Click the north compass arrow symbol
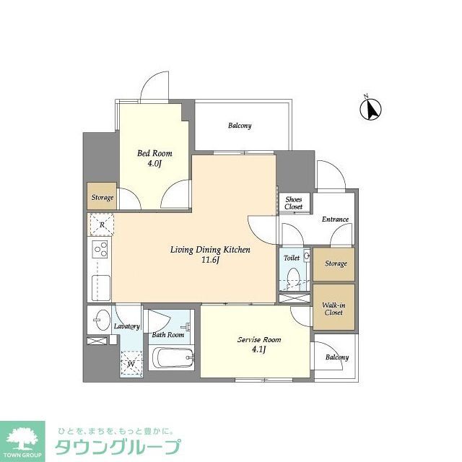pyautogui.click(x=372, y=109)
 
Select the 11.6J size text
pyautogui.click(x=210, y=260)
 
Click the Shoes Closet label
pyautogui.click(x=293, y=203)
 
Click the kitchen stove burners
pyautogui.click(x=99, y=251)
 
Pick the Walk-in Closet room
pyautogui.click(x=333, y=308)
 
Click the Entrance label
pyautogui.click(x=335, y=219)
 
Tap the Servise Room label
pyautogui.click(x=259, y=339)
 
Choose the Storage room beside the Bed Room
pyautogui.click(x=102, y=196)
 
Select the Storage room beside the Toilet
pyautogui.click(x=335, y=263)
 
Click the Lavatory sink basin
pyautogui.click(x=100, y=318)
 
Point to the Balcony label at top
pyautogui.click(x=240, y=126)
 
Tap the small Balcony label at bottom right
pyautogui.click(x=336, y=357)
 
